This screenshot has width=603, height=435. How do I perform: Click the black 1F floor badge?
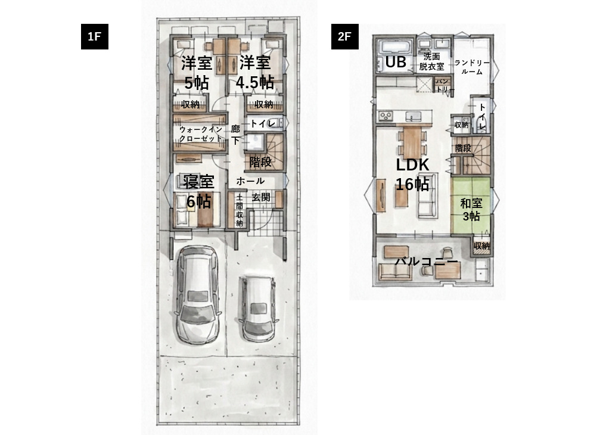[95, 36]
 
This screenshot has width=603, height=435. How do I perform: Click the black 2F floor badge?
[344, 36]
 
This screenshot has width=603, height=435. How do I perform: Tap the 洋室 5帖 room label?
[197, 73]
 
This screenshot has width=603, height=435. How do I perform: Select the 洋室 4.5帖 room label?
[254, 73]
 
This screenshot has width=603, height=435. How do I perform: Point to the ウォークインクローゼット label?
[201, 134]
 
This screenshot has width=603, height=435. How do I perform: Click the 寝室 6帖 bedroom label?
[198, 191]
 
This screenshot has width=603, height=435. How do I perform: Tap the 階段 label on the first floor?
[261, 162]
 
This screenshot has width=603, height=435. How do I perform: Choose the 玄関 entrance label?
[261, 197]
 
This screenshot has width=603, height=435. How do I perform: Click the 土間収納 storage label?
[239, 210]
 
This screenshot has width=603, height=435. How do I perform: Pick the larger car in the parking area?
[197, 294]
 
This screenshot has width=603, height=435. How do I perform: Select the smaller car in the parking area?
[257, 307]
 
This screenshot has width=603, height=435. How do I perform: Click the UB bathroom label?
[395, 61]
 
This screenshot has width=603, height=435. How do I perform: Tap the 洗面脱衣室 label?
[431, 61]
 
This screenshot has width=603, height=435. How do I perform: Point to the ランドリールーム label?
[472, 67]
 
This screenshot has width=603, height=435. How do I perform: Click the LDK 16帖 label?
[412, 174]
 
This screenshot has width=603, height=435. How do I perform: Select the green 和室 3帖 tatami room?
[471, 205]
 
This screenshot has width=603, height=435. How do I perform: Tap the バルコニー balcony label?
[427, 262]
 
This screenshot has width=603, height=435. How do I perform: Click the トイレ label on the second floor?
[482, 116]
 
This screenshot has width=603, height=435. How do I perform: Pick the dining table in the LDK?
[412, 141]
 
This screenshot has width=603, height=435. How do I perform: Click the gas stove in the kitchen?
[385, 116]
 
